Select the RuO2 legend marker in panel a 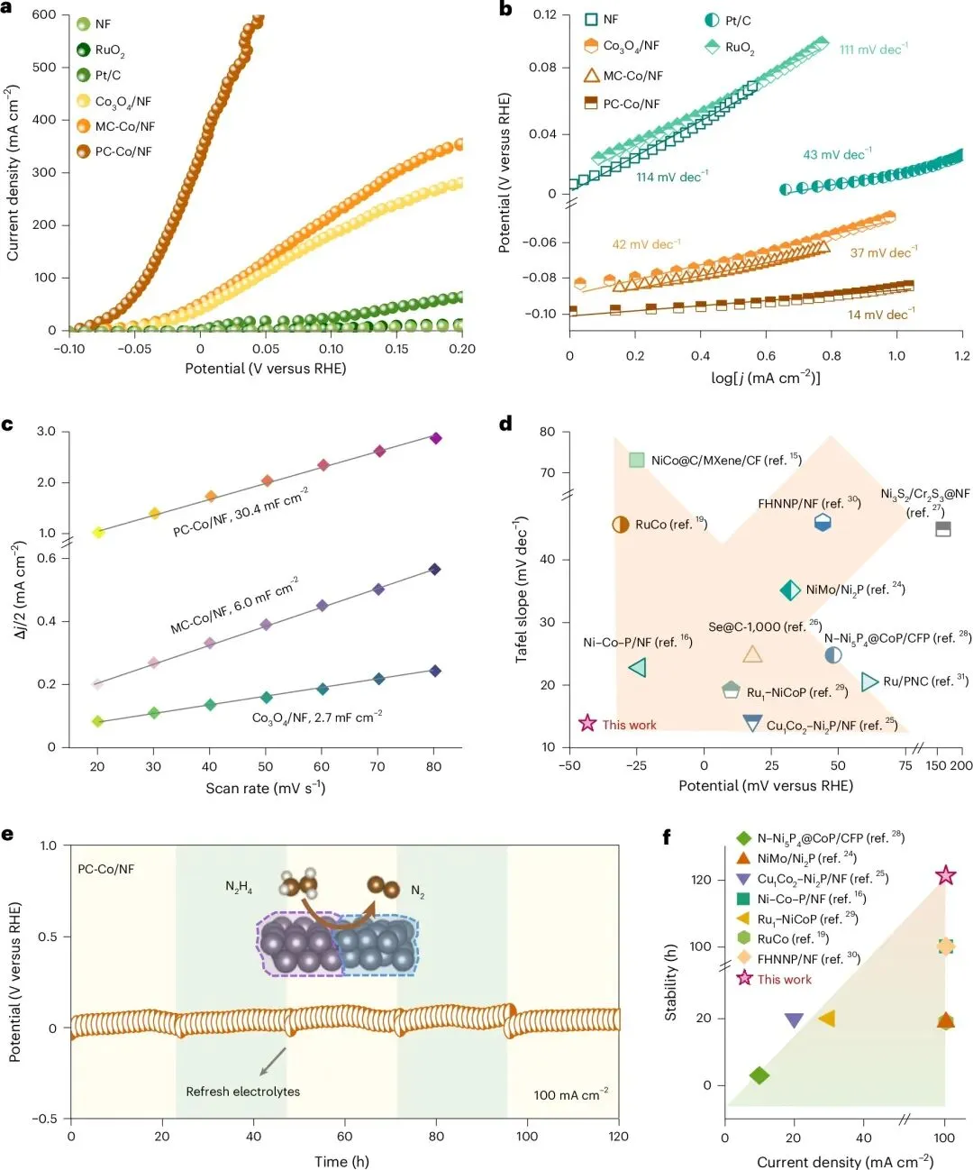click(x=84, y=50)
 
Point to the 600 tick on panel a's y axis click(x=44, y=15)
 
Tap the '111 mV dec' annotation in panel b click(x=873, y=50)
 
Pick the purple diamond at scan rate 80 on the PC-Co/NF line click(x=436, y=438)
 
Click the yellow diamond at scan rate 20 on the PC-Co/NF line click(x=98, y=533)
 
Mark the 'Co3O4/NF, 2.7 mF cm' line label click(x=316, y=718)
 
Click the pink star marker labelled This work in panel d click(x=587, y=723)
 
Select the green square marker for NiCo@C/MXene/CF click(x=637, y=460)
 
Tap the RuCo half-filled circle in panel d click(x=620, y=524)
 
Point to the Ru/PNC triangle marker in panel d click(x=869, y=681)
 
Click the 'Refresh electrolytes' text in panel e click(x=242, y=1092)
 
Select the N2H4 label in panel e click(x=239, y=888)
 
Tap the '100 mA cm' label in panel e click(x=570, y=1094)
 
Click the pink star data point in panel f click(x=945, y=875)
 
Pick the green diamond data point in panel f click(x=759, y=1074)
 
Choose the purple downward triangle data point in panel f click(x=794, y=1020)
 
